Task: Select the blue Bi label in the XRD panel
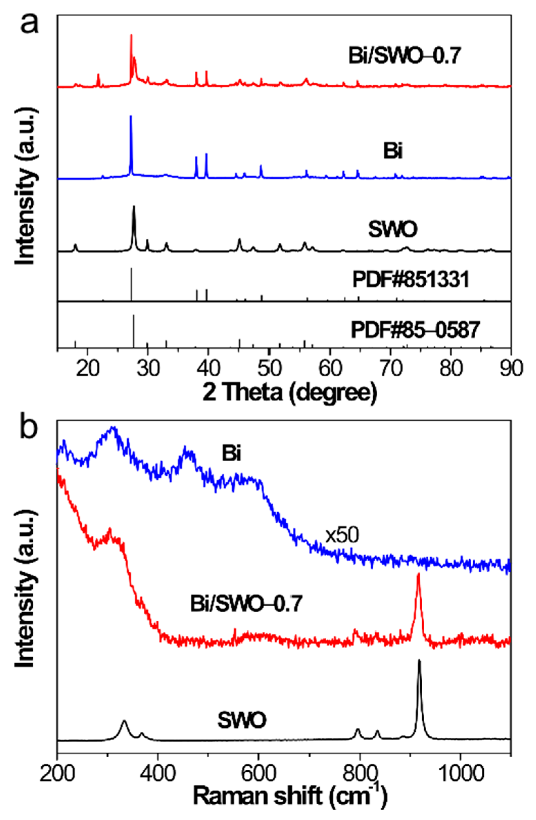click(393, 152)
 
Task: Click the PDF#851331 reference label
click(411, 280)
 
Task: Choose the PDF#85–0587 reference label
click(415, 330)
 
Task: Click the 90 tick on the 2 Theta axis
click(511, 369)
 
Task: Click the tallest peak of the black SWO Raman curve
click(419, 660)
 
